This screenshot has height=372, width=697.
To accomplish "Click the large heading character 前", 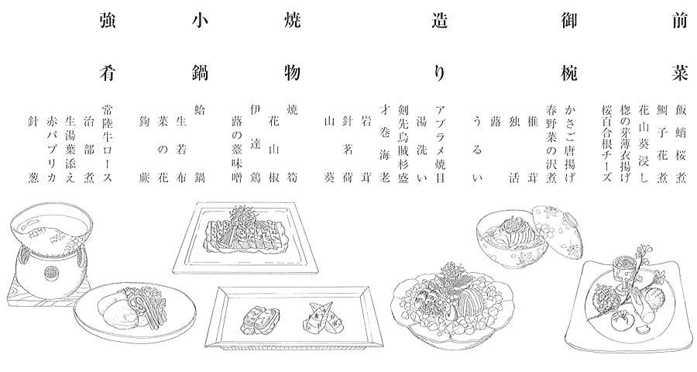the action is [680, 21].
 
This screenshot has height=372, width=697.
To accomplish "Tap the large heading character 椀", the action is [568, 73].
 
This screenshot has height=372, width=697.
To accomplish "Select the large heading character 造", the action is [439, 21].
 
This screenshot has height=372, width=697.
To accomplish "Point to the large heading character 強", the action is [108, 21].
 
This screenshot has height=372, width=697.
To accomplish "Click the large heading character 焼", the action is [292, 21].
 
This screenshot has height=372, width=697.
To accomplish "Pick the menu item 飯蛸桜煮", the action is [681, 143].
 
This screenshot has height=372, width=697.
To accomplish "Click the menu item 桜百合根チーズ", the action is [606, 143].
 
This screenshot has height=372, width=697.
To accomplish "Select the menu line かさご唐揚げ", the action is [570, 143].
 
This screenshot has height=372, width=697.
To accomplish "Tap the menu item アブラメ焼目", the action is [440, 143].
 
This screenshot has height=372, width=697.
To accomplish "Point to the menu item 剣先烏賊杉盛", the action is [403, 143].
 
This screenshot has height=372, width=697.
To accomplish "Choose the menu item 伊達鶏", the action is [255, 143].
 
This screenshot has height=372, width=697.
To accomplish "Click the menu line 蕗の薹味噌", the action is [236, 150].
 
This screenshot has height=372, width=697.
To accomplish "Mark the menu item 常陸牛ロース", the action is [107, 143].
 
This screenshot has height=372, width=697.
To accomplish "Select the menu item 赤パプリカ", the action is [51, 150].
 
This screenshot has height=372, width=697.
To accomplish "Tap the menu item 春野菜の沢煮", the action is [551, 143].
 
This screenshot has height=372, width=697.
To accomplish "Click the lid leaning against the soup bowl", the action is [557, 231].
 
